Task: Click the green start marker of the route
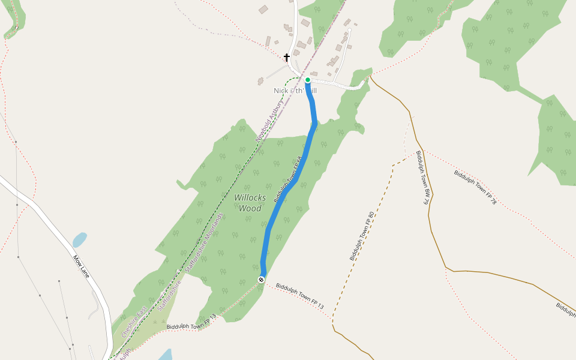[307, 80]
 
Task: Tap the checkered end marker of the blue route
[261, 280]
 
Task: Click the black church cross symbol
[287, 58]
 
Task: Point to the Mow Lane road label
[81, 266]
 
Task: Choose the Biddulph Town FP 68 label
[287, 179]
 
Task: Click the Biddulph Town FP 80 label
[362, 236]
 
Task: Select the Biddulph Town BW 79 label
[422, 178]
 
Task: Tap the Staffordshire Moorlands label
[204, 243]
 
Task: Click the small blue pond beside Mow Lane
[79, 240]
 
